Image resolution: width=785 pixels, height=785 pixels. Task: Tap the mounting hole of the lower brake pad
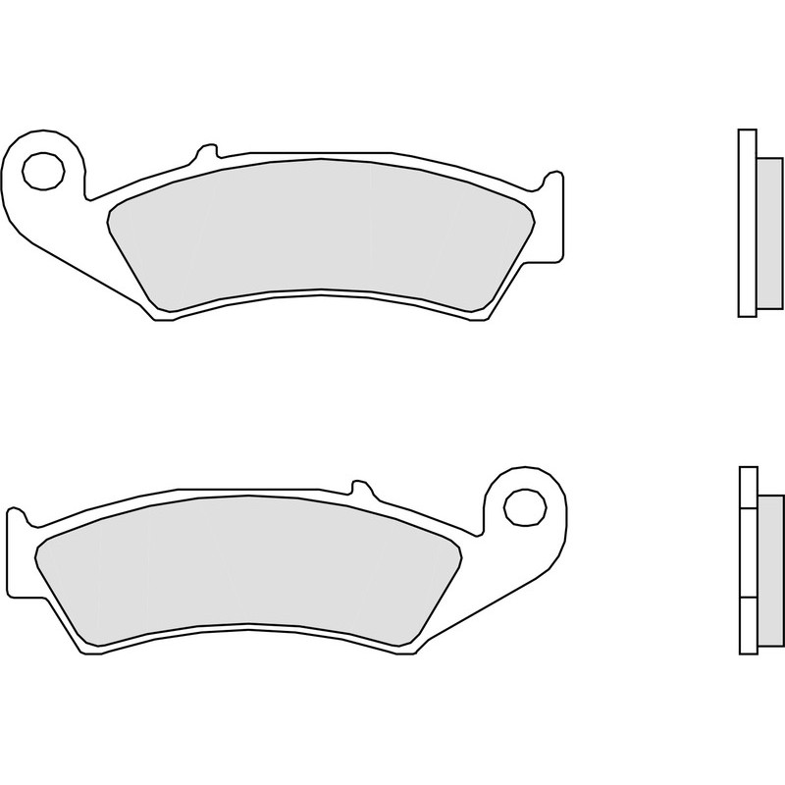(523, 506)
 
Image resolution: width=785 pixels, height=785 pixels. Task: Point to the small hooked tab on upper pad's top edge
(206, 152)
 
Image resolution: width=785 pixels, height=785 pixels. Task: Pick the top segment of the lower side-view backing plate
(747, 487)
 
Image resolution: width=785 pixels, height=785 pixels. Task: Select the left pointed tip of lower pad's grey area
(36, 553)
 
